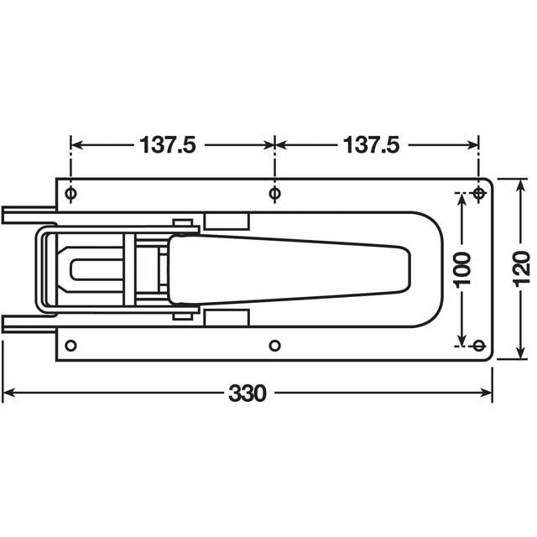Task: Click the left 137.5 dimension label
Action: coord(168,145)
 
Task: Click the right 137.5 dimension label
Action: coord(371,145)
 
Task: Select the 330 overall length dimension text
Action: coord(248,392)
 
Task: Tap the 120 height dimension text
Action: coord(519,268)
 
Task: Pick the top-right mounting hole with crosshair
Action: coord(479,195)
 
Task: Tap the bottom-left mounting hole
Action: coord(70,345)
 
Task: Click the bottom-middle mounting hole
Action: coord(274,345)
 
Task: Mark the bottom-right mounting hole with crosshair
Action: coord(479,345)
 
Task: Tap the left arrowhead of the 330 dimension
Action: coord(8,392)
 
